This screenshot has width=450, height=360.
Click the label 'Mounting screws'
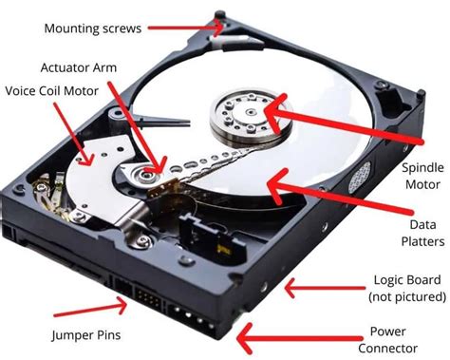(x=93, y=28)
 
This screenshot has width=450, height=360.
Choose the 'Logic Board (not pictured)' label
(x=403, y=290)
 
